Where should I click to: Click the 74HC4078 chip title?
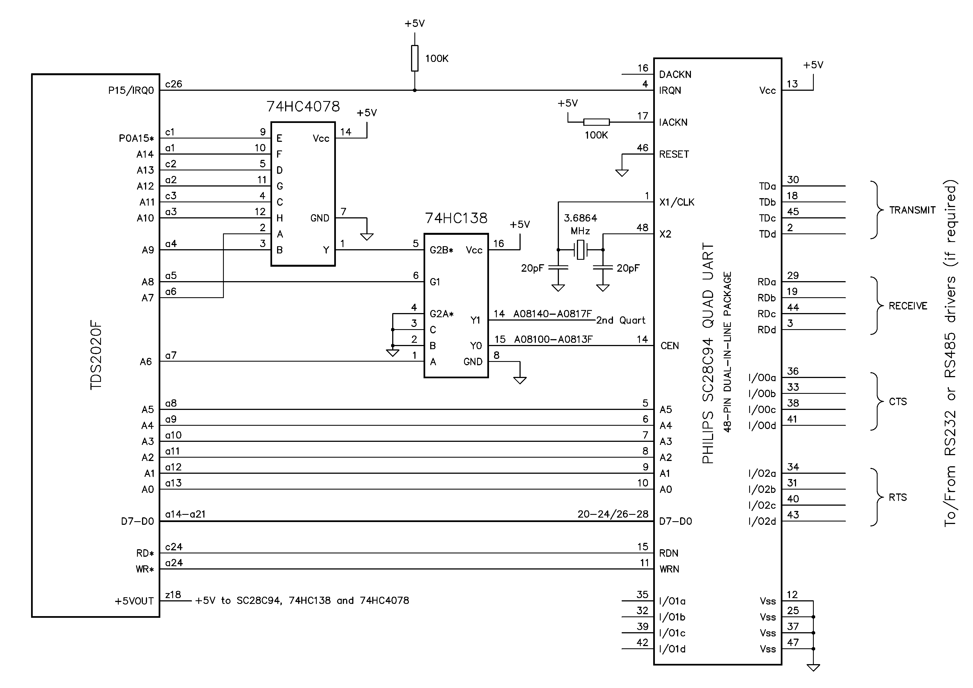pyautogui.click(x=303, y=106)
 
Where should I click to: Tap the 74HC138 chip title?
pyautogui.click(x=456, y=218)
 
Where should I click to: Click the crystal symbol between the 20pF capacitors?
pyautogui.click(x=581, y=250)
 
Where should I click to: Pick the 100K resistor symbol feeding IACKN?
pyautogui.click(x=596, y=122)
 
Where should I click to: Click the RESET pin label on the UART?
pyautogui.click(x=674, y=154)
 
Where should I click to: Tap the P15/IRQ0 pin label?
pyautogui.click(x=131, y=91)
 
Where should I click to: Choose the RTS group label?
pyautogui.click(x=898, y=497)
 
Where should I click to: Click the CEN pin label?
pyautogui.click(x=670, y=346)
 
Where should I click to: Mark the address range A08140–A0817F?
pyautogui.click(x=553, y=314)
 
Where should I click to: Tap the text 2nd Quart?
pyautogui.click(x=621, y=321)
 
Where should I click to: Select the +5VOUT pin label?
pyautogui.click(x=134, y=601)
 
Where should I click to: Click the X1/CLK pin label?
pyautogui.click(x=677, y=202)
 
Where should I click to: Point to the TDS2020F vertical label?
pyautogui.click(x=96, y=356)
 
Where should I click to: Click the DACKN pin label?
pyautogui.click(x=675, y=75)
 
